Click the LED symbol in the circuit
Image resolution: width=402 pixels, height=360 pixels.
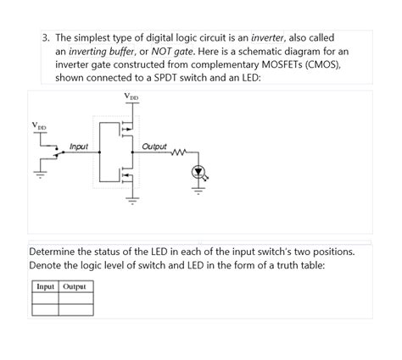pos(199,172)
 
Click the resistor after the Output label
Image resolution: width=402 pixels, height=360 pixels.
pos(179,153)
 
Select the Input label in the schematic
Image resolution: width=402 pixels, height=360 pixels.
pos(79,147)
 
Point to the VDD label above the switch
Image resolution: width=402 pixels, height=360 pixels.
pos(39,127)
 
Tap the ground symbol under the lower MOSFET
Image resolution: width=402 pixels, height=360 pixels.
pos(131,201)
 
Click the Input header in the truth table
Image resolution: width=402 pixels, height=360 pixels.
pos(45,286)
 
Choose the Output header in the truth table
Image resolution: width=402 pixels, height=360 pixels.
pos(75,286)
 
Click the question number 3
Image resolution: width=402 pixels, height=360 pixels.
pos(48,38)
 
